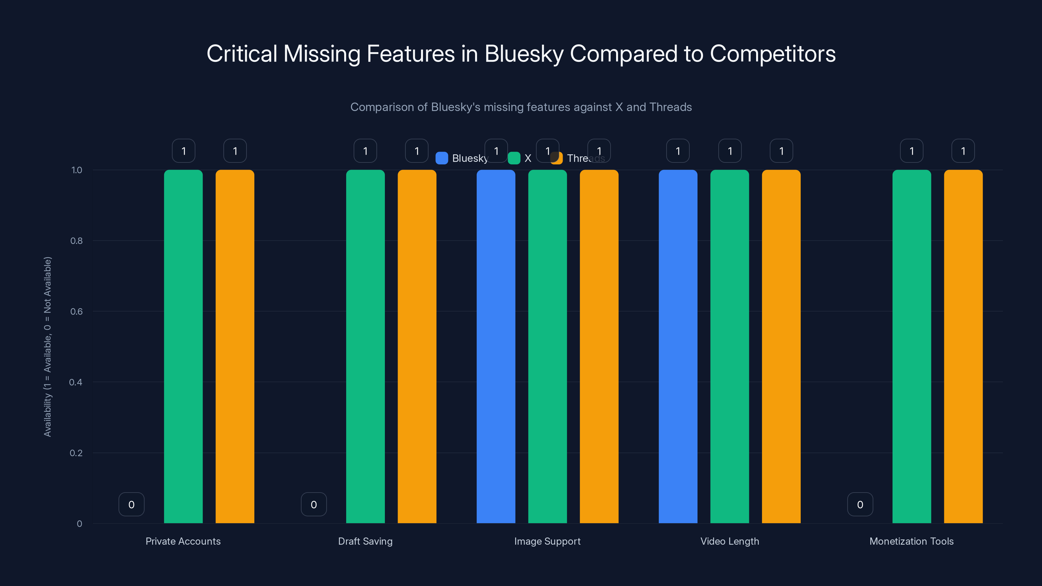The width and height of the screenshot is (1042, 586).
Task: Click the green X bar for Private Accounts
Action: pos(183,346)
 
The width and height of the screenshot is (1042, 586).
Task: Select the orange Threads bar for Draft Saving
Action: pos(417,346)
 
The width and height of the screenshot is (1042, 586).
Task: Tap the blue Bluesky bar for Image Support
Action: pos(496,346)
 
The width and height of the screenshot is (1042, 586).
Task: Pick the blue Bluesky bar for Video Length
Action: pos(678,346)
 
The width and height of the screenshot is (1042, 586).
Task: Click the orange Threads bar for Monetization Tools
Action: pos(963,346)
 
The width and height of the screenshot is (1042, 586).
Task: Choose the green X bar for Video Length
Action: pos(730,346)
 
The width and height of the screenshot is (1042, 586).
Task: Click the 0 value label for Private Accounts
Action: pos(132,504)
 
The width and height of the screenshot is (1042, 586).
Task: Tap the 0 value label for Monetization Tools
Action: pos(860,504)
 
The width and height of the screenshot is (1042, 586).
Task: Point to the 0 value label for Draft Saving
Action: pos(314,504)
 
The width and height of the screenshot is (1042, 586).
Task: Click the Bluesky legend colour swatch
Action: pos(442,158)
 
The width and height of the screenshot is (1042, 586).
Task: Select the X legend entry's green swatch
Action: pos(514,158)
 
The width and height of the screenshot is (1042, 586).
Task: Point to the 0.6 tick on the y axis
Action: pos(77,312)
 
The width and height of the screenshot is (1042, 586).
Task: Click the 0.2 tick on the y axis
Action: pos(76,453)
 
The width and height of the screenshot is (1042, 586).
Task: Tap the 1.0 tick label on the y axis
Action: pos(77,170)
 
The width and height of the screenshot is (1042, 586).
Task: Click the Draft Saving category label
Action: pos(365,541)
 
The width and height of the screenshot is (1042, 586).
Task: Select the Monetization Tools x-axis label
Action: pos(911,541)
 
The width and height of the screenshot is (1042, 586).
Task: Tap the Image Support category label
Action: pos(547,541)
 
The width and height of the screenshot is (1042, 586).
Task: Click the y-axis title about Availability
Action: pos(48,347)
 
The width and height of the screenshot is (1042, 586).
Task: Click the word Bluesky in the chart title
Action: pos(523,54)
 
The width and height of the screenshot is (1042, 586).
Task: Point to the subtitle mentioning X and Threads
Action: pos(521,107)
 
